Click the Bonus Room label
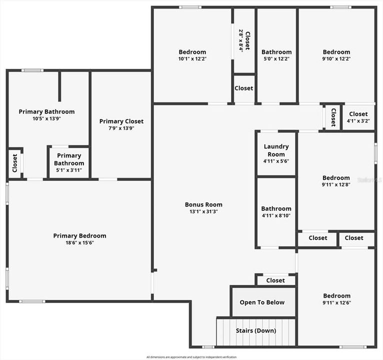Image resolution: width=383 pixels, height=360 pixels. [x=203, y=204]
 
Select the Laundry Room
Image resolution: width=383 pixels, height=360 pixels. [x=276, y=154]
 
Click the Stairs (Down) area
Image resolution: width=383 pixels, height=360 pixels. [x=255, y=330]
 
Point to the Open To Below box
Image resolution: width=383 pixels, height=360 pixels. [x=262, y=302]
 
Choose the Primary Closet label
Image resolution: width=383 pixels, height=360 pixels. [x=121, y=121]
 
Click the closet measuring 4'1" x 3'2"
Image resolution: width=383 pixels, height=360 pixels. [x=358, y=117]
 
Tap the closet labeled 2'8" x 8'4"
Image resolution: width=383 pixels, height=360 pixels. [x=244, y=40]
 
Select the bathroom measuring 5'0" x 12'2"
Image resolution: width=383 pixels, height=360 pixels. [x=276, y=55]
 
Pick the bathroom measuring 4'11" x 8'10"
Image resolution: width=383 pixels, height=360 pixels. [x=276, y=212]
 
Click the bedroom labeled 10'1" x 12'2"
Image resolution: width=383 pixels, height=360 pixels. [x=192, y=55]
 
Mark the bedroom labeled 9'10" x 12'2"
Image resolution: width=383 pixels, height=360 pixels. [x=336, y=55]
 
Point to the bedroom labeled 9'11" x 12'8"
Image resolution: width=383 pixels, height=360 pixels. [x=336, y=181]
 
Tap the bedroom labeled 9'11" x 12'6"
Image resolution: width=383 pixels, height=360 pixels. [x=336, y=298]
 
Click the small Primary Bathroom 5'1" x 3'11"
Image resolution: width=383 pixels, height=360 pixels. [x=69, y=163]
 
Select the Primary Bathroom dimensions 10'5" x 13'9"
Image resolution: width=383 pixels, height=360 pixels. [x=46, y=118]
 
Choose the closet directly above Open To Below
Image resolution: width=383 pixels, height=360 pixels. [x=275, y=280]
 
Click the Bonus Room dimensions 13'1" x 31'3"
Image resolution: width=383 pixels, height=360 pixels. [x=203, y=211]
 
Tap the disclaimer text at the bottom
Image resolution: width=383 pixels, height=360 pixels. [x=191, y=357]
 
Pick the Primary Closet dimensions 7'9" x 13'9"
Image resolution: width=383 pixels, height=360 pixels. [x=121, y=128]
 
